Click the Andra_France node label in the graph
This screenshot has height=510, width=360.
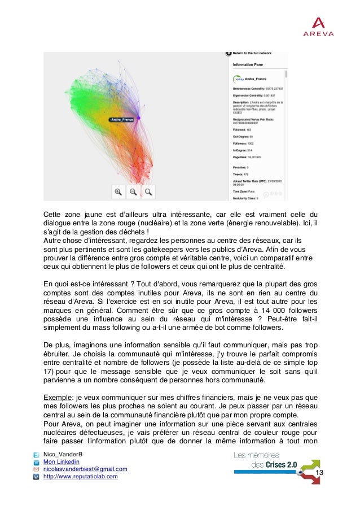point(122,120)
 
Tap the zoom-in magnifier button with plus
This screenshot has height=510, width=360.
point(118,192)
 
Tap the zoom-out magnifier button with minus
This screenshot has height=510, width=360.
point(133,192)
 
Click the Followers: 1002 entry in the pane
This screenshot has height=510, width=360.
point(248,143)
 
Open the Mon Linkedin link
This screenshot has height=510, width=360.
point(59,462)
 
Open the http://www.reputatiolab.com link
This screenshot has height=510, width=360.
point(81,476)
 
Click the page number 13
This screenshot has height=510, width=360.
point(320,473)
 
